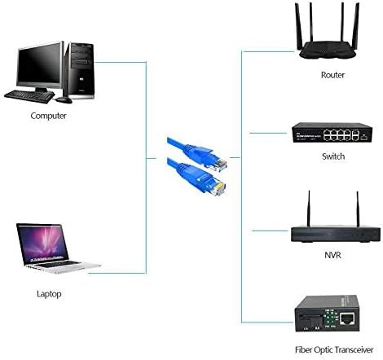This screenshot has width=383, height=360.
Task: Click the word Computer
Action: (48, 116)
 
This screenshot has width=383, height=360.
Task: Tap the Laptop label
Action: (49, 294)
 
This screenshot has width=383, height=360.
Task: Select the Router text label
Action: (332, 75)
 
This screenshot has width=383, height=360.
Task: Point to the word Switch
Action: (333, 156)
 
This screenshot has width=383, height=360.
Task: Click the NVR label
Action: (332, 255)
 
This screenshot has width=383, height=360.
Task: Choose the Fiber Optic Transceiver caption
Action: (334, 349)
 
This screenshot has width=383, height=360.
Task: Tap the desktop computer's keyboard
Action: (29, 96)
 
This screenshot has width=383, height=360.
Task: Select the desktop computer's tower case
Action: (79, 71)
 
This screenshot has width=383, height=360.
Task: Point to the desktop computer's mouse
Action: (64, 100)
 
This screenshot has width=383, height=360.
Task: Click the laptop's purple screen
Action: (42, 243)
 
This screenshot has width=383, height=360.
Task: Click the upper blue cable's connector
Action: (214, 160)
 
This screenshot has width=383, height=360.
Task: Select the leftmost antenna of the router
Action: (299, 27)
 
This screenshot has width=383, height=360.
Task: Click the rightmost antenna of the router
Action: (356, 26)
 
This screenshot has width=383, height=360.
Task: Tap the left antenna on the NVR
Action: (309, 209)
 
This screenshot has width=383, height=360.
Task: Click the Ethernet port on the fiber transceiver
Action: (347, 318)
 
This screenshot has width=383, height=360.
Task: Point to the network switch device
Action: (332, 133)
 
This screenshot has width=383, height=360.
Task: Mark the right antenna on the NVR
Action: (358, 209)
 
